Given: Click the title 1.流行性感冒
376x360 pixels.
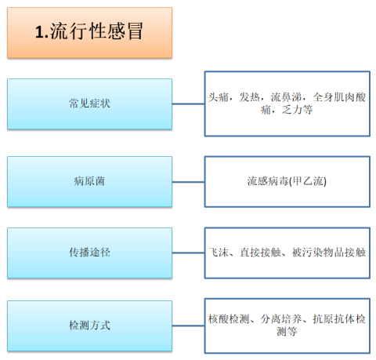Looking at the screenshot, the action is tap(89, 31).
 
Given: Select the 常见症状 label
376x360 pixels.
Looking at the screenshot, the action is tap(89, 104).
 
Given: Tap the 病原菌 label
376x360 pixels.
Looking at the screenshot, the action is tap(89, 181).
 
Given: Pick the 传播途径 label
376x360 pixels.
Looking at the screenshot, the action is tap(89, 253).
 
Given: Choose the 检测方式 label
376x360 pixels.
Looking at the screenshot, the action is tap(89, 325).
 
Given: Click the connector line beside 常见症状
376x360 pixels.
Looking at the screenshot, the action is tap(188, 104).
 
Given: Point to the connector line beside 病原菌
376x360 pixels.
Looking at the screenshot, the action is tap(188, 182).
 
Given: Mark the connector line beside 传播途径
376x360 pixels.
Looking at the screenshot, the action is tap(188, 253).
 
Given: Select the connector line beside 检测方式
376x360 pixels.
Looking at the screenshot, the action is tap(188, 325).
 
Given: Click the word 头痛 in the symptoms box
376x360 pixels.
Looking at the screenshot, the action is tap(219, 97).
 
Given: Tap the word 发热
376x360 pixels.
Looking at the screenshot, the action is tap(250, 97).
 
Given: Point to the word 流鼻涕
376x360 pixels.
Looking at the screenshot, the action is tap(287, 97).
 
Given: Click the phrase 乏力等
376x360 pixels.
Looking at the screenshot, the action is tap(298, 110).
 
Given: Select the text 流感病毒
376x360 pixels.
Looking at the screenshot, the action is tap(268, 181).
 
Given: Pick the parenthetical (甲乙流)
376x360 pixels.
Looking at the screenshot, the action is tap(308, 181).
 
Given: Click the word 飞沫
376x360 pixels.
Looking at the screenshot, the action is tap(219, 253).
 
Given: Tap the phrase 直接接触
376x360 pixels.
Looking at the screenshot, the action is tap(261, 253).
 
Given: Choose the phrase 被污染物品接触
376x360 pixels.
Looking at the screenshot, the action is tap(329, 253).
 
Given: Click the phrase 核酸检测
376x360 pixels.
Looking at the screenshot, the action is tap(229, 319).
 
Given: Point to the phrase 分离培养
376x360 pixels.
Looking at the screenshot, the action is tap(281, 319).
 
